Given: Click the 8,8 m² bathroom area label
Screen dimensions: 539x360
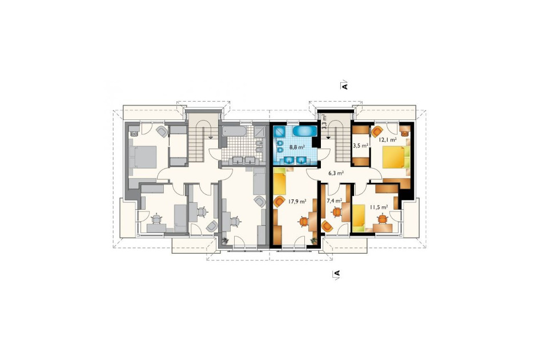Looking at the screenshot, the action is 297,147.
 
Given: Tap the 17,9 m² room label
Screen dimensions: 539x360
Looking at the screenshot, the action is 297,202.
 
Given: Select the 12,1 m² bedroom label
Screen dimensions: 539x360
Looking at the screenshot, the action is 388,140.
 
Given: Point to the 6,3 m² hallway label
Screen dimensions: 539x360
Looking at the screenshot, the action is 336,174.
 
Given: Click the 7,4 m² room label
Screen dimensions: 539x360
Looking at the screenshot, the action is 334,201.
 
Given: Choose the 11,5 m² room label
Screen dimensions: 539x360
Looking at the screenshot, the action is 379,207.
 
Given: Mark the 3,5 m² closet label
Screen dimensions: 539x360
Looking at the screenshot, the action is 361,146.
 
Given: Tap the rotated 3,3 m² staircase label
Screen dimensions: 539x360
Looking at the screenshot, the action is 324,122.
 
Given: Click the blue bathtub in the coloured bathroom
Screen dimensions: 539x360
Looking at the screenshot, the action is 305,131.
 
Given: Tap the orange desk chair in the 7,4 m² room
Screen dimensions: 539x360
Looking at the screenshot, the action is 336,212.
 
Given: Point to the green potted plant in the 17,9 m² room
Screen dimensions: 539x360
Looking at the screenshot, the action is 313,241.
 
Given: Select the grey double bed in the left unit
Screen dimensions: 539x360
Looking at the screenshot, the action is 143,157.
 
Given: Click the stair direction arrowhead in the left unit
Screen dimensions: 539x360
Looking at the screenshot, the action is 210,137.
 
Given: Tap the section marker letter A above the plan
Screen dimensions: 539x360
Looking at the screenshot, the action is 345,85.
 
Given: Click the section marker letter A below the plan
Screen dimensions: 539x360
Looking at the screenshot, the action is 336,273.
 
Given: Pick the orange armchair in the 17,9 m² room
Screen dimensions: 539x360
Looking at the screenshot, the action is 279,201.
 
